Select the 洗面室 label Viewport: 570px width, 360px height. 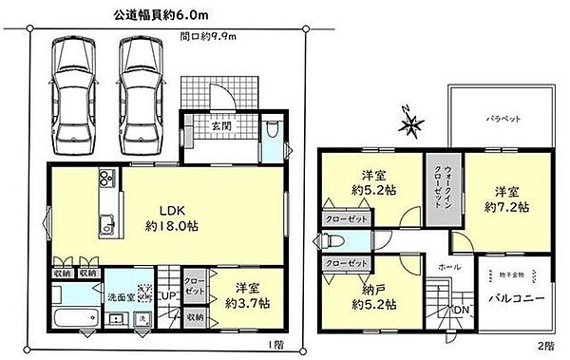click(x=119, y=297)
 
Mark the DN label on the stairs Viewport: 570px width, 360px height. click(x=460, y=311)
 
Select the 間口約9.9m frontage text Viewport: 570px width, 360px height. click(x=209, y=37)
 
